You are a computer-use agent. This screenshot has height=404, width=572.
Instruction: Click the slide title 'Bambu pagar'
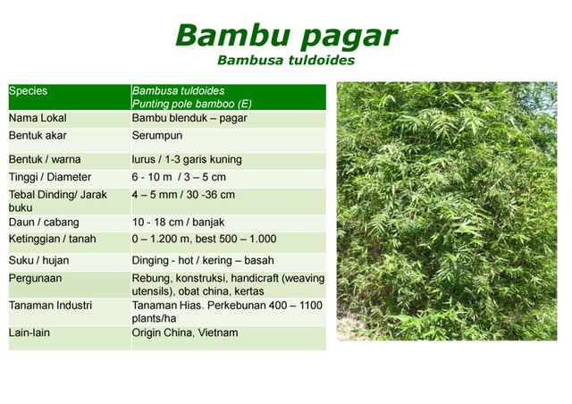point(286,35)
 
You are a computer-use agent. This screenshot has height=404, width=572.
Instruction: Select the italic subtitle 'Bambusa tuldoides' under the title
point(286,61)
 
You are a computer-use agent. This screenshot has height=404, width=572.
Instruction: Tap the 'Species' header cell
point(29,91)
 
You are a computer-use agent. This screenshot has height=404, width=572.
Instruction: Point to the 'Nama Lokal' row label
point(38,118)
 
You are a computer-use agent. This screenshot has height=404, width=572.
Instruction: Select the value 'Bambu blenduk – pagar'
point(189,118)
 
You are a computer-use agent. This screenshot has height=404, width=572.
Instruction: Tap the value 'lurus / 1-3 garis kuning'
point(186,160)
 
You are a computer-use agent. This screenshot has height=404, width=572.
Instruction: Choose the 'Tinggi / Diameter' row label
point(50,177)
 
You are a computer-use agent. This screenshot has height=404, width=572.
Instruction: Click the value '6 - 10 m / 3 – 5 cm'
point(179,177)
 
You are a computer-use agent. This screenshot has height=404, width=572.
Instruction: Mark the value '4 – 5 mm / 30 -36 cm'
point(183,194)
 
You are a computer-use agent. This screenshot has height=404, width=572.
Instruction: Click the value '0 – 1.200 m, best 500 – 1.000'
point(204,240)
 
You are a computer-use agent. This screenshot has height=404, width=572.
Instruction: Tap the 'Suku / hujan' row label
point(39,261)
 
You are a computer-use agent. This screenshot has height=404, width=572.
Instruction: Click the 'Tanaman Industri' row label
point(50,306)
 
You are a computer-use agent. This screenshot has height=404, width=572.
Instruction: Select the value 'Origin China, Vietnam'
point(185,332)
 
